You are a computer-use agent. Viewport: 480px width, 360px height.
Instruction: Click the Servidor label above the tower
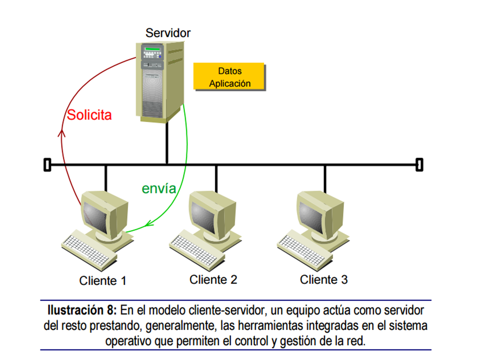[168, 33]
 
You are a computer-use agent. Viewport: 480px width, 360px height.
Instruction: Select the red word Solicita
[89, 115]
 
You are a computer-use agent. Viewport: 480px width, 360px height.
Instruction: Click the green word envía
[159, 188]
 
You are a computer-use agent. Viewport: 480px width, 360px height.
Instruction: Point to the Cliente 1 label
[102, 280]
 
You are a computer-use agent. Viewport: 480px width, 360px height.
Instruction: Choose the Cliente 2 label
[213, 279]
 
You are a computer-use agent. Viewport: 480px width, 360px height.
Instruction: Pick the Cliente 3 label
[323, 279]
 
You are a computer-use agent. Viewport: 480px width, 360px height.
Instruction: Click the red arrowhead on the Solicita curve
[61, 133]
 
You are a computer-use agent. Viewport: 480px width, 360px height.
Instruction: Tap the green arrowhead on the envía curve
[149, 223]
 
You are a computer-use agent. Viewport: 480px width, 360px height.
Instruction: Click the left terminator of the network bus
[47, 164]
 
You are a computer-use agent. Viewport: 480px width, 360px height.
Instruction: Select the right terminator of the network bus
[419, 164]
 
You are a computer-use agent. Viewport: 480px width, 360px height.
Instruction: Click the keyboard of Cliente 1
[89, 252]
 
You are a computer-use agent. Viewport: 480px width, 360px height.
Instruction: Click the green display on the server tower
[152, 49]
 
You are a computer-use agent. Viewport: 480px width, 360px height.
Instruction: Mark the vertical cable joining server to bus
[167, 143]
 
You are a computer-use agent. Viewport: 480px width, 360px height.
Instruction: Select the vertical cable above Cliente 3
[325, 179]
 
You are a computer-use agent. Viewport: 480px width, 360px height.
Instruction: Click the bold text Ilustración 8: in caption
[82, 310]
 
